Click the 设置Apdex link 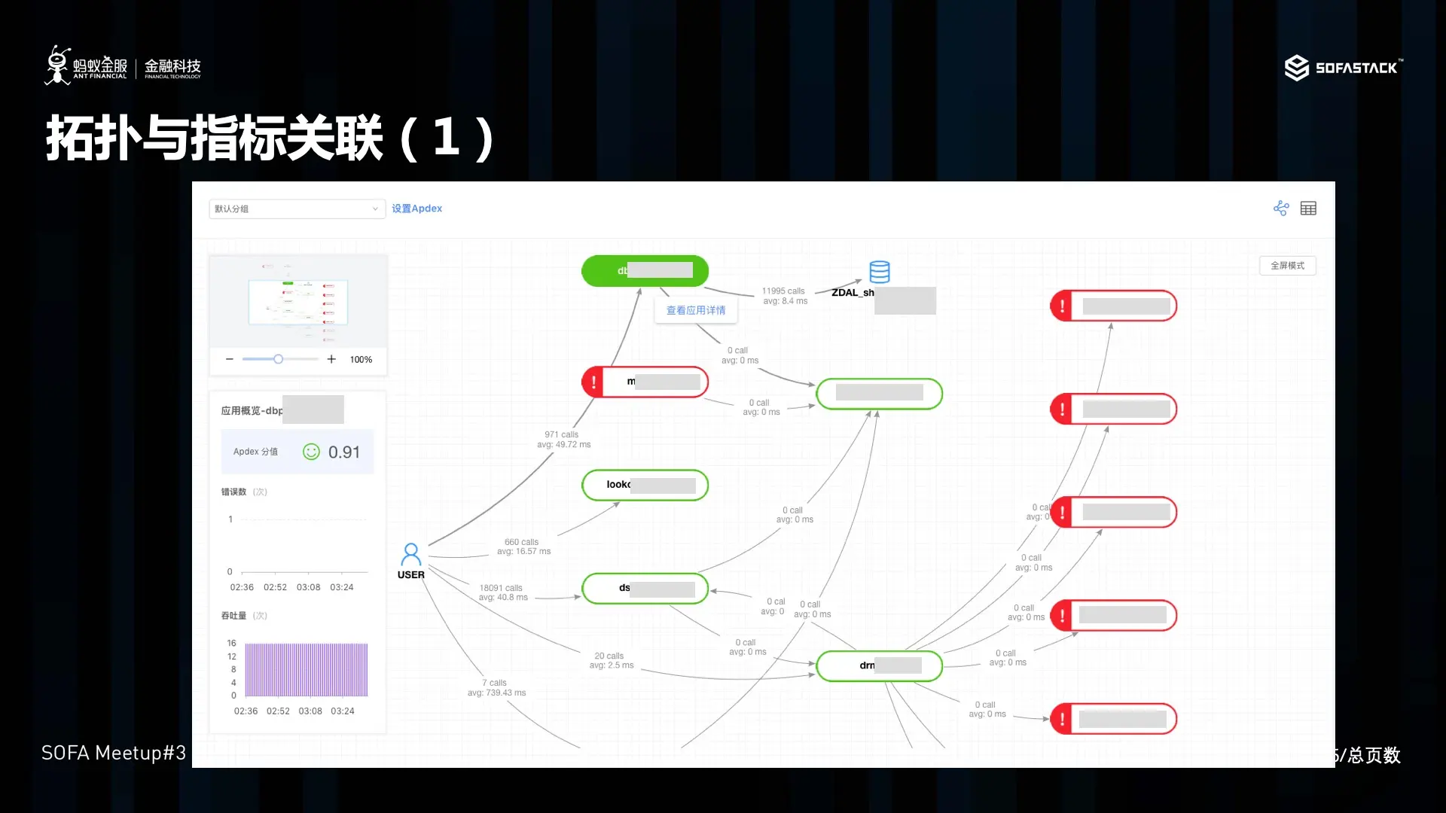pos(416,209)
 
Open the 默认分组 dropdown pos(297,209)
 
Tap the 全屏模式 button pos(1287,266)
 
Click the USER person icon pos(410,555)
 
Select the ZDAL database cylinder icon pos(879,271)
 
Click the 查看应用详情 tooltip pos(696,310)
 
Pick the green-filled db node pos(645,271)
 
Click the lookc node pos(645,485)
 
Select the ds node pos(645,588)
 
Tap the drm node pos(879,665)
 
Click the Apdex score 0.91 pos(344,452)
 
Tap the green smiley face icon pos(311,452)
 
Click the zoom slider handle pos(278,359)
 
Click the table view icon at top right pos(1308,209)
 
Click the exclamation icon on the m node pos(594,382)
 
